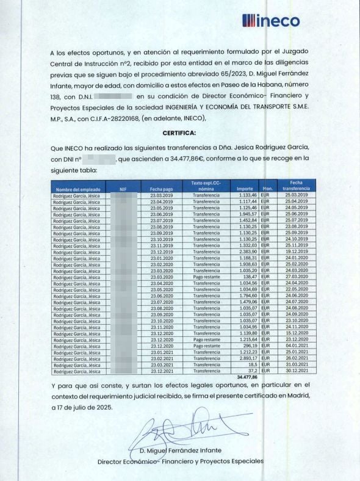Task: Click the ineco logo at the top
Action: pyautogui.click(x=271, y=21)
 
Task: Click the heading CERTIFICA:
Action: pyautogui.click(x=179, y=132)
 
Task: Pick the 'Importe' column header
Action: pyautogui.click(x=245, y=189)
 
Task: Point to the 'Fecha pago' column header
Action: pyautogui.click(x=162, y=189)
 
